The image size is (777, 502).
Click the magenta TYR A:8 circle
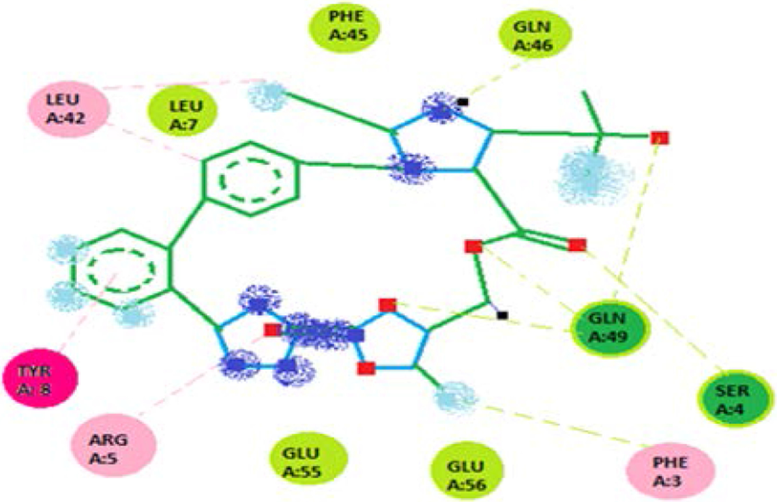click(x=40, y=380)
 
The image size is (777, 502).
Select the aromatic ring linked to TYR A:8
click(x=123, y=268)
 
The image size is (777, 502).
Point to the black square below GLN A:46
click(x=463, y=102)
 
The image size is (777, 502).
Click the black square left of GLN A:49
click(x=502, y=315)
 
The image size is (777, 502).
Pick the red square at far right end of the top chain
click(x=660, y=137)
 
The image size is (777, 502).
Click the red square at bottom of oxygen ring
click(x=365, y=369)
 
